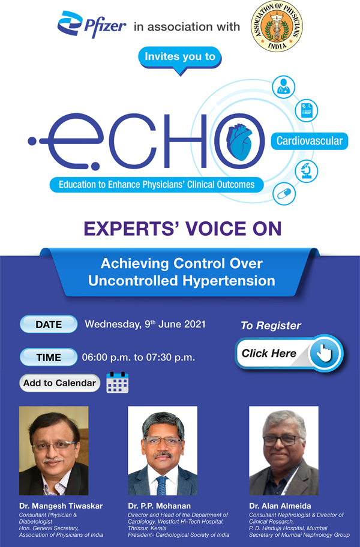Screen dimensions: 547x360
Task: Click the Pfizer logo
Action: [x=91, y=26]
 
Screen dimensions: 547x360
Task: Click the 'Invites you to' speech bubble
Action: [x=179, y=58]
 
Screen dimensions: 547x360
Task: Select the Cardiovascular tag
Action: [x=310, y=141]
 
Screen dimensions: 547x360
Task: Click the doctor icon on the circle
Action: [x=283, y=88]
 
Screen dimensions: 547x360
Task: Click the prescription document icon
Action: [x=307, y=110]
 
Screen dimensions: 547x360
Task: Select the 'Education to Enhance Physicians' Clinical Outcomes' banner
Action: [x=157, y=184]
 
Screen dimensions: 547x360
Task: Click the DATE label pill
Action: [x=49, y=324]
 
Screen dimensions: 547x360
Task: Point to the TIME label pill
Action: [x=49, y=357]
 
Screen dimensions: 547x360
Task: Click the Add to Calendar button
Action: [x=59, y=383]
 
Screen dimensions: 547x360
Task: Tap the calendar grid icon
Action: [x=118, y=383]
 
